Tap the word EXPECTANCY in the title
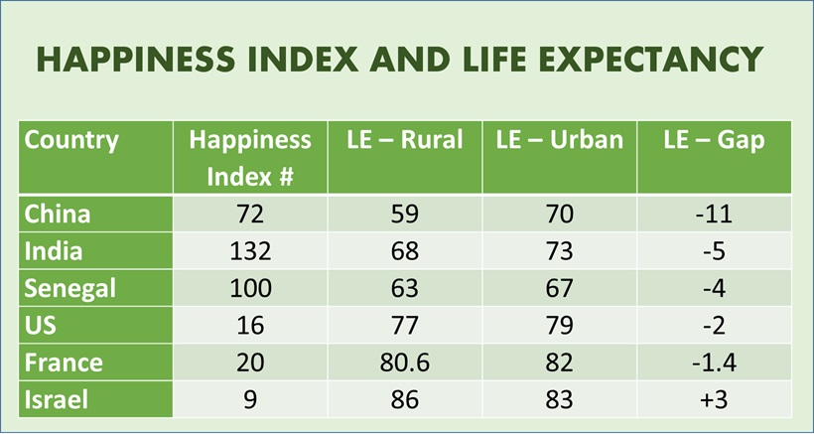click(x=654, y=60)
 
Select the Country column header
click(x=70, y=140)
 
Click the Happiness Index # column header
click(x=250, y=157)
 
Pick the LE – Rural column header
click(x=405, y=140)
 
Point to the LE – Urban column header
click(x=560, y=140)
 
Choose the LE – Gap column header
click(x=714, y=140)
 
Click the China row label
click(x=57, y=214)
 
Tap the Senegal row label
click(x=69, y=289)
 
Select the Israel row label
click(x=57, y=400)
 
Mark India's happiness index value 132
click(x=250, y=251)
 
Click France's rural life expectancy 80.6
click(x=405, y=363)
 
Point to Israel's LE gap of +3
click(x=714, y=400)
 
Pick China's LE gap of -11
click(x=714, y=214)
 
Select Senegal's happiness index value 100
click(x=250, y=289)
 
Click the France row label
click(x=63, y=363)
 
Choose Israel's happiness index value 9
click(x=250, y=400)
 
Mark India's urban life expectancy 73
click(x=560, y=251)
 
